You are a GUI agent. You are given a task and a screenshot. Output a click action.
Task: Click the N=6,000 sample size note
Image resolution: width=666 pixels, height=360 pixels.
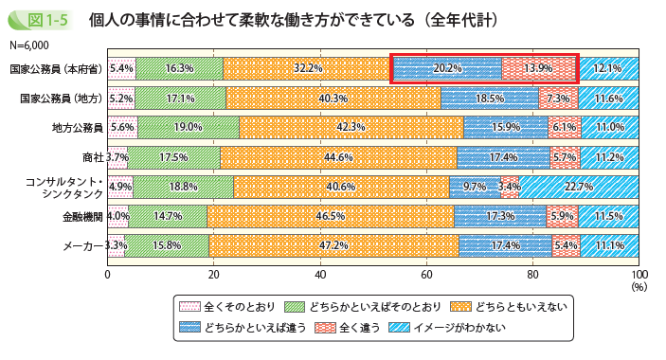click(x=29, y=45)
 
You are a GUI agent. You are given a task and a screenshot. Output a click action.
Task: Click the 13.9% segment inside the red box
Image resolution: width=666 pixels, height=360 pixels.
click(x=539, y=68)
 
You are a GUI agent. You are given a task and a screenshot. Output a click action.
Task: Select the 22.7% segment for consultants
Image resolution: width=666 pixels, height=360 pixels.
click(x=578, y=188)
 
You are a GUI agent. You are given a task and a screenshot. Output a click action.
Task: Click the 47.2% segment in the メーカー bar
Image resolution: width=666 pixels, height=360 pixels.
click(x=334, y=246)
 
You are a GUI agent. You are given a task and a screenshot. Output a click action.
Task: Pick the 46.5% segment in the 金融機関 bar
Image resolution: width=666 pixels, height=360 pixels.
click(x=331, y=217)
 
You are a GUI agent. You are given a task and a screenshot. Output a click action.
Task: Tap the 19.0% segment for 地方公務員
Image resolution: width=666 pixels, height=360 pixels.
click(x=189, y=128)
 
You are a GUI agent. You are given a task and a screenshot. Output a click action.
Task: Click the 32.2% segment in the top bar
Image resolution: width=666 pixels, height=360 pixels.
click(x=308, y=68)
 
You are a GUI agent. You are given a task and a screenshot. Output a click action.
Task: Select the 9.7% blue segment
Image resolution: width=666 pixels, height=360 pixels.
click(x=475, y=188)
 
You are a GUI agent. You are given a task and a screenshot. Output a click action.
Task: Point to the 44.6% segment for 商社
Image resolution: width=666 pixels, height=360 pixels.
click(x=338, y=157)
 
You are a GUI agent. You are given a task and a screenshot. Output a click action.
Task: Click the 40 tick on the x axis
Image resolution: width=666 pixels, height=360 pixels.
click(x=321, y=274)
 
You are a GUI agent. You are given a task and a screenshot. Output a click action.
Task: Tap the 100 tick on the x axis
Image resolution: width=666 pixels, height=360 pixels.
click(x=639, y=274)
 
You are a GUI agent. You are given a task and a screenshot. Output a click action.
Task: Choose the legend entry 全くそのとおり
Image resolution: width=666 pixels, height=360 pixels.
click(x=223, y=307)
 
